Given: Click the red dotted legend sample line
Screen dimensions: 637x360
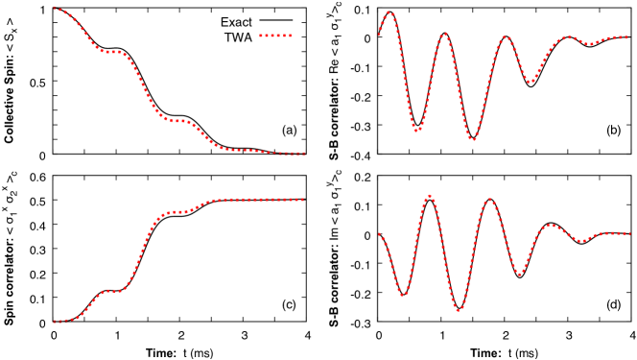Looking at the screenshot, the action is (275, 36).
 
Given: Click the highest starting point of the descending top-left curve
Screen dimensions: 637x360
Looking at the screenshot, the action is (55, 8).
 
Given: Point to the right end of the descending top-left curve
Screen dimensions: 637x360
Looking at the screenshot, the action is (303, 153).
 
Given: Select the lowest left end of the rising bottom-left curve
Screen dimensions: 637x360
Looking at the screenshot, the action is (55, 322).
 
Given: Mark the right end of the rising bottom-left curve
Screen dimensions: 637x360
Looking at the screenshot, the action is (303, 200).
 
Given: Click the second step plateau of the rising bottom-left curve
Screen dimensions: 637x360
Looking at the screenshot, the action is (177, 212).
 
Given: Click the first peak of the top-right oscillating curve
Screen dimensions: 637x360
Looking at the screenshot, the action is (389, 12).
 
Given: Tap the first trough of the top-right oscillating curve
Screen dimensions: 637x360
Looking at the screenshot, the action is (417, 131).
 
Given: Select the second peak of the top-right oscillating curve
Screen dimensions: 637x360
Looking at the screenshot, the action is (444, 35).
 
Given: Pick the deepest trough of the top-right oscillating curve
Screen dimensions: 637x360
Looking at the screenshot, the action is (472, 140).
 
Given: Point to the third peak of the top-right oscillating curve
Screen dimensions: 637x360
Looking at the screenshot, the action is (506, 37).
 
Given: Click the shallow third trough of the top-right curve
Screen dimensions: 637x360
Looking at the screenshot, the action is (530, 83).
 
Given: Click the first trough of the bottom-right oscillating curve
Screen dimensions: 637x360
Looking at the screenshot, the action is (403, 296).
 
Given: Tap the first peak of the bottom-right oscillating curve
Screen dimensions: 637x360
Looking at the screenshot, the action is (429, 196).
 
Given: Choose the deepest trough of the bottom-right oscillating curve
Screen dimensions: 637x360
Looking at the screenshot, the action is (459, 311).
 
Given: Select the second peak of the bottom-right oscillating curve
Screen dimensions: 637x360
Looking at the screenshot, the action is (489, 200).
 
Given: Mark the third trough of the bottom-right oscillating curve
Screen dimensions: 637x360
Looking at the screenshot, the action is (519, 275).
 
